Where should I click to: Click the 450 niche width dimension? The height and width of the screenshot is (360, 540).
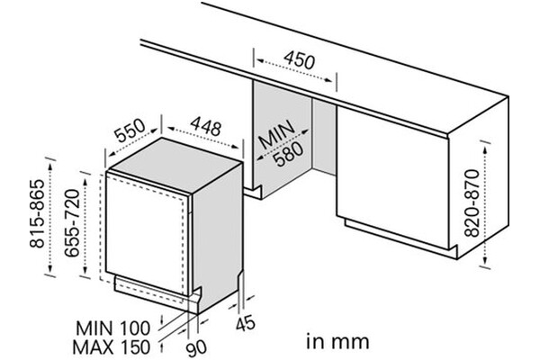coord(300,60)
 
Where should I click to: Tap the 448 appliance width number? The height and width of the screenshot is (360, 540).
coord(205,126)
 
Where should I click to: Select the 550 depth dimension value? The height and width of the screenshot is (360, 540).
coord(130,130)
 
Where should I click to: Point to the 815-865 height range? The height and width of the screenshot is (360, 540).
coord(37,213)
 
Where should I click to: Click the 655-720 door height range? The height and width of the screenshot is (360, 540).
coord(72,223)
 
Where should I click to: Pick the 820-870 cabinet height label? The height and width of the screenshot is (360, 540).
coord(472,203)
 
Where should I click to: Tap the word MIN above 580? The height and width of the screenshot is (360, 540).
coord(276,135)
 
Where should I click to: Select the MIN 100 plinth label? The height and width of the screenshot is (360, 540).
coord(113,328)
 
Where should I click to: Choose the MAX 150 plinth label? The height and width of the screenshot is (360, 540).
coord(112,346)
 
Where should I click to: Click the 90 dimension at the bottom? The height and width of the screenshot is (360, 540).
coord(196,347)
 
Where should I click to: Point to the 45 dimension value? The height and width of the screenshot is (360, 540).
coord(246,324)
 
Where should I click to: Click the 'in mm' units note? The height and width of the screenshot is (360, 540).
coord(337,342)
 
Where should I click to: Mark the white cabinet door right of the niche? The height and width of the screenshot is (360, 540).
coord(392,175)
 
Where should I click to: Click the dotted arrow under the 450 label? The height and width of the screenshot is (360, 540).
coord(295,70)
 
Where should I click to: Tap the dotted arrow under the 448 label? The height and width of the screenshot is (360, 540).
coord(203,138)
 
